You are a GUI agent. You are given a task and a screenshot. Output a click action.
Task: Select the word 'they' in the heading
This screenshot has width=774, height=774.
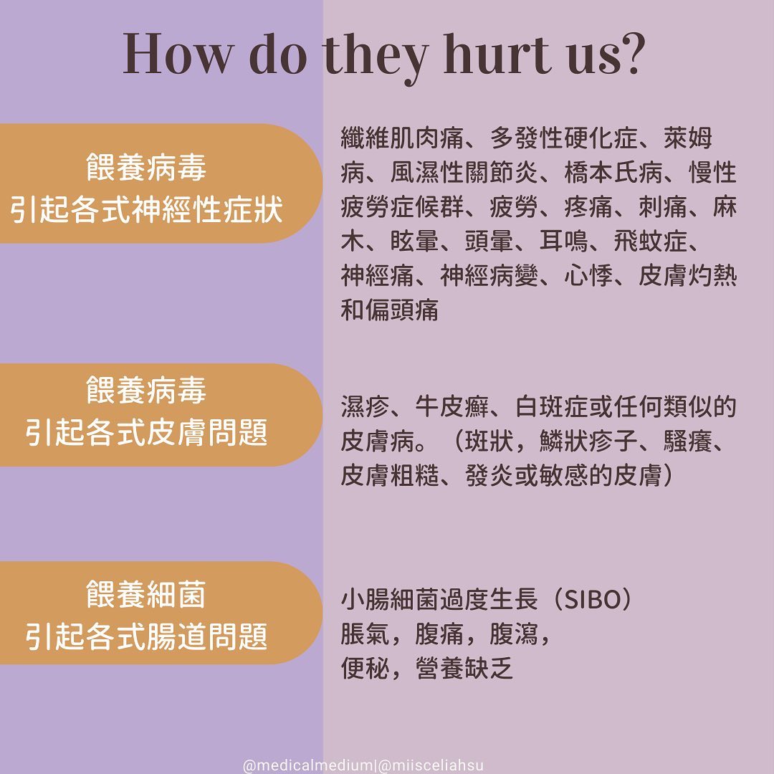(x=375, y=57)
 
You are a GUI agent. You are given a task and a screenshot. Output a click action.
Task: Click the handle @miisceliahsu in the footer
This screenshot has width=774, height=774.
(x=430, y=765)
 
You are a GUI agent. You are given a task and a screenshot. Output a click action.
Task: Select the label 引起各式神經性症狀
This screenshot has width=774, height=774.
(x=146, y=209)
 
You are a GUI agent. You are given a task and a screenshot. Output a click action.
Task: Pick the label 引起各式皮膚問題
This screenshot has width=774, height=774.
(x=146, y=432)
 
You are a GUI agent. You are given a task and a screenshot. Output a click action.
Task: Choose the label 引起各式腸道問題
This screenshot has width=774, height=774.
(x=146, y=636)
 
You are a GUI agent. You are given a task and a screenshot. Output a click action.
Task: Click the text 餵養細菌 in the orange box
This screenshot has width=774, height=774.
(x=146, y=594)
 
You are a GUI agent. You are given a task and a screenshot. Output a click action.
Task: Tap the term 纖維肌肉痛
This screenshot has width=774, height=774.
(x=402, y=138)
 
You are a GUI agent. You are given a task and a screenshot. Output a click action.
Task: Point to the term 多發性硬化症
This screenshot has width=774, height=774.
(x=564, y=138)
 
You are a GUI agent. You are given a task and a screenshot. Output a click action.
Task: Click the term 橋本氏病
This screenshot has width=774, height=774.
(x=613, y=172)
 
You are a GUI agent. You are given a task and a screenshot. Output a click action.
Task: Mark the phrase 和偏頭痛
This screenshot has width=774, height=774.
(x=389, y=310)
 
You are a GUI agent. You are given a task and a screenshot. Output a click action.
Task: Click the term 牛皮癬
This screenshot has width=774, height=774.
(x=451, y=407)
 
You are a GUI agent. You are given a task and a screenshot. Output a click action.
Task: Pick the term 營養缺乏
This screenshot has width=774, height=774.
(x=464, y=669)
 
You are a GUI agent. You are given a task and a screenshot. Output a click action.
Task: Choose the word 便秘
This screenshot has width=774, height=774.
(x=365, y=669)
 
